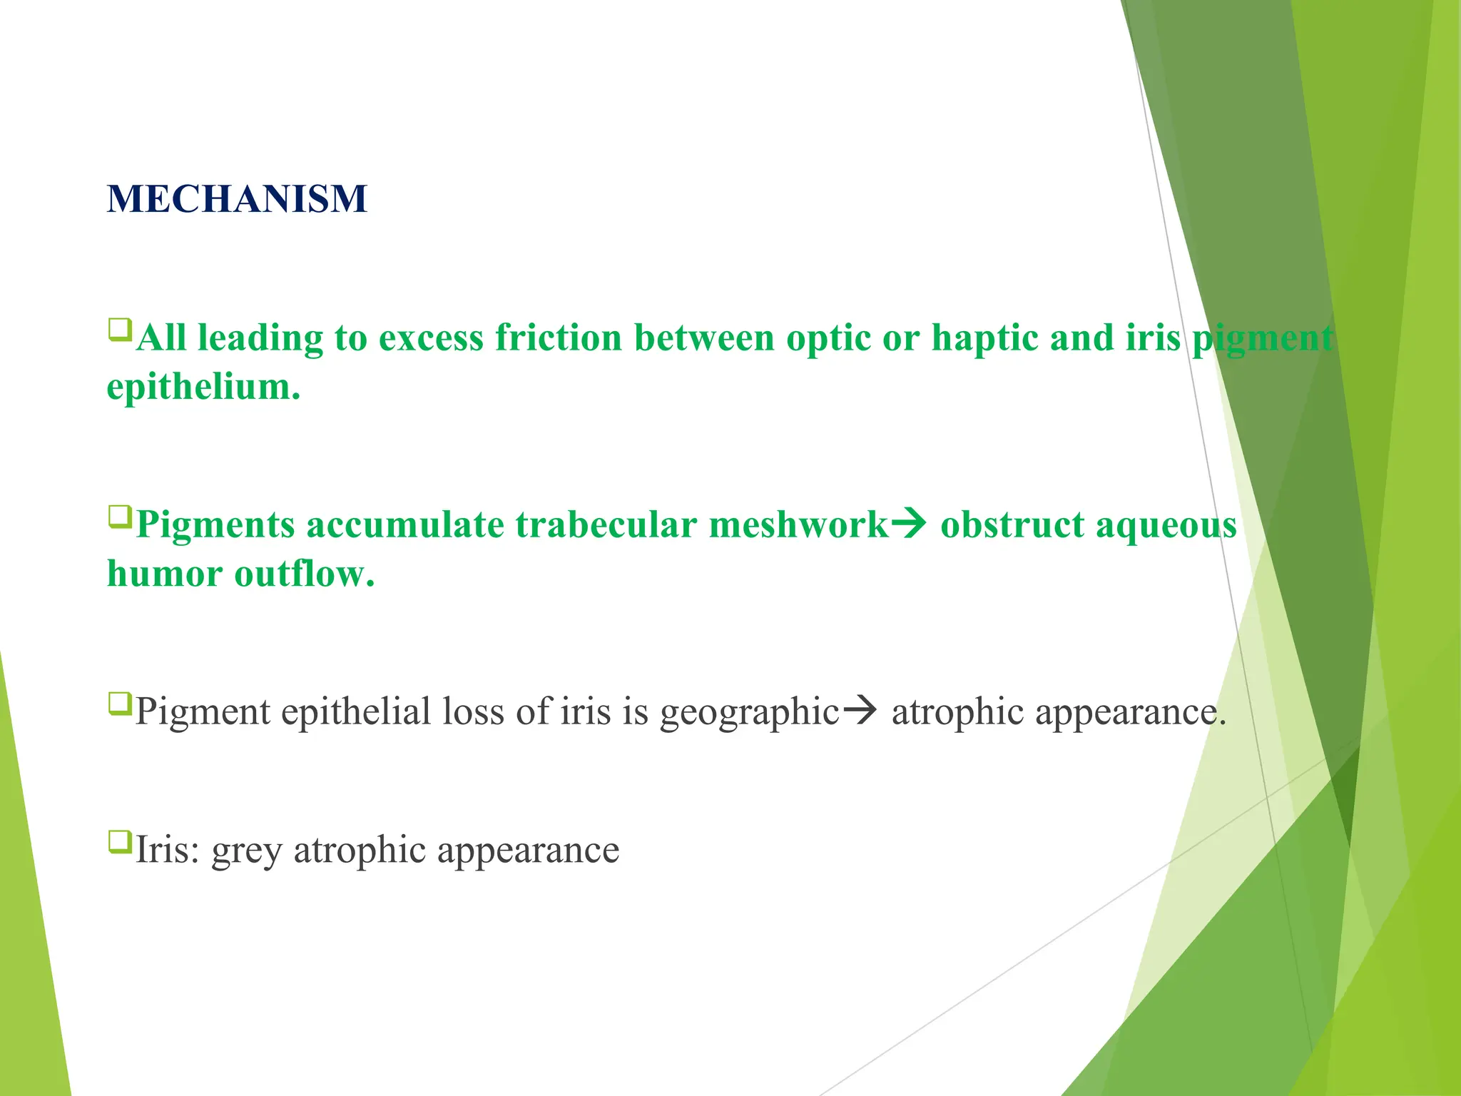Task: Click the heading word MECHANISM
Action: coord(237,198)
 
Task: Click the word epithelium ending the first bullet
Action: coord(203,387)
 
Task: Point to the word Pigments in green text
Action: coord(215,524)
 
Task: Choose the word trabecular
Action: coord(606,524)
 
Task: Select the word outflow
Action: coord(305,574)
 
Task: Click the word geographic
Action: coord(749,711)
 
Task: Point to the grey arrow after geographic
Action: coord(860,711)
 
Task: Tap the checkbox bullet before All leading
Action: coord(119,330)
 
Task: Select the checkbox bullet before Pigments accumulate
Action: coord(119,517)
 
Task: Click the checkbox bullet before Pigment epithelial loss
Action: coord(119,704)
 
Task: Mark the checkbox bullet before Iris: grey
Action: coord(119,842)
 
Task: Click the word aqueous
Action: coord(1166,526)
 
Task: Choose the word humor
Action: coord(164,574)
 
